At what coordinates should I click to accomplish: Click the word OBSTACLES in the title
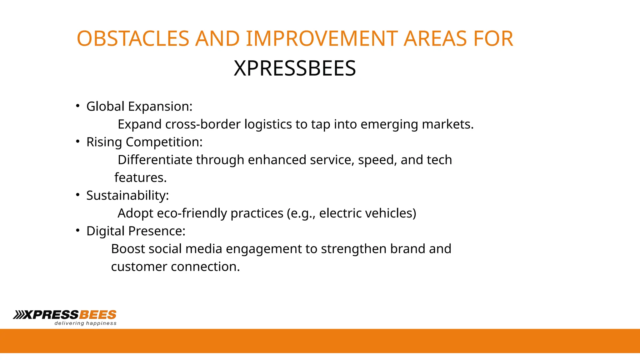click(x=133, y=39)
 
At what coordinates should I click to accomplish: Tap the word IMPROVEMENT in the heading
click(x=322, y=39)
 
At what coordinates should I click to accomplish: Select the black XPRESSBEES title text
click(x=295, y=68)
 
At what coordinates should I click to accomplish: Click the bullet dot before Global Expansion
click(x=78, y=106)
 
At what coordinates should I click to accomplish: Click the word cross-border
click(x=203, y=124)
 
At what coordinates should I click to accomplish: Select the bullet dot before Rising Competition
click(x=78, y=142)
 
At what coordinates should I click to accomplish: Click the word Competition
click(x=164, y=142)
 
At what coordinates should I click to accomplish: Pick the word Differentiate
click(x=155, y=160)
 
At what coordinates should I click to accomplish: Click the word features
click(x=140, y=177)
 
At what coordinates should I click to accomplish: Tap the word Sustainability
click(x=127, y=195)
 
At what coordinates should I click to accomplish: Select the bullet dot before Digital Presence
click(x=78, y=231)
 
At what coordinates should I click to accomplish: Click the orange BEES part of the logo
click(x=98, y=314)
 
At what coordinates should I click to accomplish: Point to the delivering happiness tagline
click(x=85, y=323)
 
